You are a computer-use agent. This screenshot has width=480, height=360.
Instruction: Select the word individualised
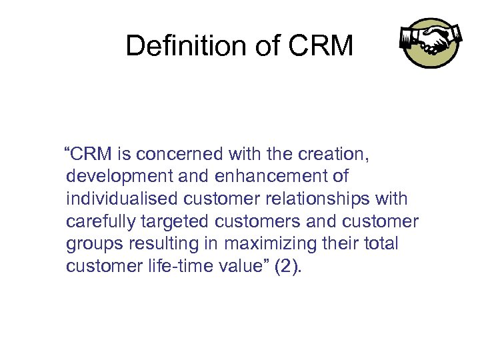point(122,199)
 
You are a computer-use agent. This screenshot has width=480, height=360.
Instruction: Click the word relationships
point(322,199)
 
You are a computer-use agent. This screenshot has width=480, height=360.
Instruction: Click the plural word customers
point(257,222)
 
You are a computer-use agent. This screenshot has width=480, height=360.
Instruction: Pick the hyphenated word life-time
point(179,267)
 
